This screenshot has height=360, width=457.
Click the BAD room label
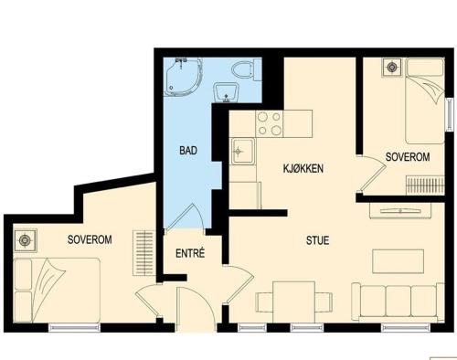point(188,151)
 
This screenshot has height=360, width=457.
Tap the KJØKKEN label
point(303,168)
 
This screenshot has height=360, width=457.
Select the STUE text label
point(317,240)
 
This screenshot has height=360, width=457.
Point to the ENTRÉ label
point(190,253)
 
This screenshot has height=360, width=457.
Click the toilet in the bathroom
point(246,69)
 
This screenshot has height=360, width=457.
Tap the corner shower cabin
point(183,77)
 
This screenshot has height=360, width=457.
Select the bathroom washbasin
point(226,92)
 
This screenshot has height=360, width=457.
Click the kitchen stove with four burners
point(270,123)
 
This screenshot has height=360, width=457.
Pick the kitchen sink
point(243,151)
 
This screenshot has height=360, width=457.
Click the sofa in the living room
point(398,302)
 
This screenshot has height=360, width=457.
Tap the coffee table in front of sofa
point(398,261)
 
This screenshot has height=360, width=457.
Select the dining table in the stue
point(293,302)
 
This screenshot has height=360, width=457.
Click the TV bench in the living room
point(400,210)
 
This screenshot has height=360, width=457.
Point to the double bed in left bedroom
point(57,290)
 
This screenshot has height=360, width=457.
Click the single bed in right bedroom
point(425,101)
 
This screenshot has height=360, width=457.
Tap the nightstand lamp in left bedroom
point(25,240)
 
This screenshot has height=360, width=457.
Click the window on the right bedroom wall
point(450,114)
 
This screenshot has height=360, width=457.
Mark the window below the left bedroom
point(75,327)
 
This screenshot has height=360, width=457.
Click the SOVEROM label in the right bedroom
point(408,157)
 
